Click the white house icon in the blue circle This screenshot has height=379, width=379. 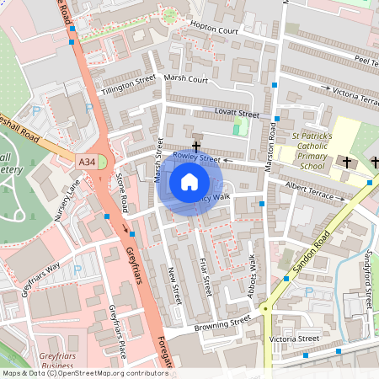(x=189, y=181)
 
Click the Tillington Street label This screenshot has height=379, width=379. (x=129, y=84)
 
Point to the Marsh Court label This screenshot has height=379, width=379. (x=185, y=78)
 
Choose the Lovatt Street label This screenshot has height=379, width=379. (x=237, y=113)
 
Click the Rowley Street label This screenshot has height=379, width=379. (x=196, y=157)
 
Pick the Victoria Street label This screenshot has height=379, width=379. (x=294, y=339)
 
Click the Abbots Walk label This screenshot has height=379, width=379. (x=252, y=272)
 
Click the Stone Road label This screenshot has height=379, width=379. (x=121, y=193)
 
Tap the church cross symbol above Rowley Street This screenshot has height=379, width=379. (x=196, y=147)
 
